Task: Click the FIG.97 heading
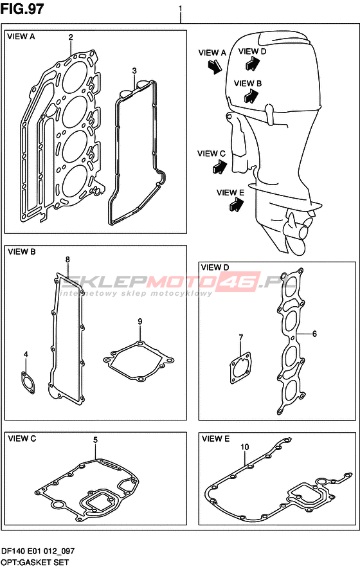click(22, 9)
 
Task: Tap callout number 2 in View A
click(71, 37)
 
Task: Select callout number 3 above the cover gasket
click(134, 70)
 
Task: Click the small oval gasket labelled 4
click(28, 383)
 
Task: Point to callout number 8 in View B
click(67, 260)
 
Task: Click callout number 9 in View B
click(140, 321)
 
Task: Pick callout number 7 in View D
click(240, 338)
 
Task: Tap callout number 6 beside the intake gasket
click(314, 333)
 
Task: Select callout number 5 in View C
click(95, 440)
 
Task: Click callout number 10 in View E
click(245, 447)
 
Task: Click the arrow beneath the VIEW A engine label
click(214, 66)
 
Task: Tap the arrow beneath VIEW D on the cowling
click(253, 63)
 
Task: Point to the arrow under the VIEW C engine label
click(220, 167)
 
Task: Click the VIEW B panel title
click(22, 251)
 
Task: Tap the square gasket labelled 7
click(240, 368)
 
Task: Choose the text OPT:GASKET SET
click(35, 563)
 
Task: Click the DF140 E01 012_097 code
click(38, 551)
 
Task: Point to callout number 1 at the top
click(181, 8)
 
